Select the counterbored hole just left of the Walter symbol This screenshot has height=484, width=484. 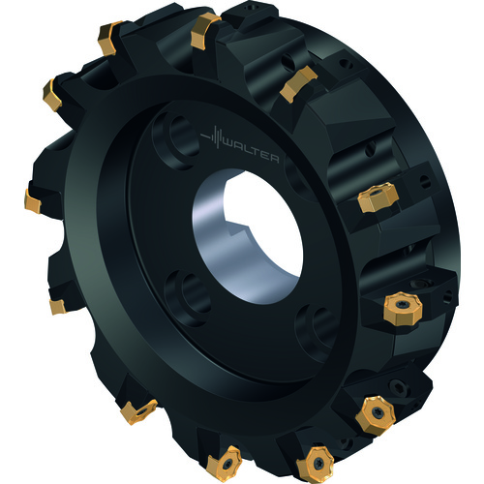[x=176, y=139]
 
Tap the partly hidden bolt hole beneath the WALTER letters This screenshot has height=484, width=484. [x=295, y=176]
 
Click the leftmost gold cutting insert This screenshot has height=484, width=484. [x=33, y=201]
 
